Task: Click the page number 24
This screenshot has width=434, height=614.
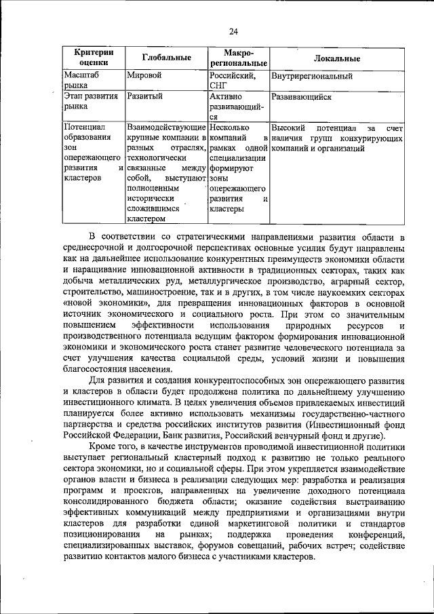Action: [x=233, y=31]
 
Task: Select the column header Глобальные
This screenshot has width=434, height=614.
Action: [x=166, y=58]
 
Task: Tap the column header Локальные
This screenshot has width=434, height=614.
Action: [x=337, y=58]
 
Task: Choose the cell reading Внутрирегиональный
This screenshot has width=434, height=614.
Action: [x=311, y=76]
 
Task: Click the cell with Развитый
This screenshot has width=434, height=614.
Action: [x=145, y=97]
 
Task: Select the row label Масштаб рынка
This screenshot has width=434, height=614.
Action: [x=81, y=81]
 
